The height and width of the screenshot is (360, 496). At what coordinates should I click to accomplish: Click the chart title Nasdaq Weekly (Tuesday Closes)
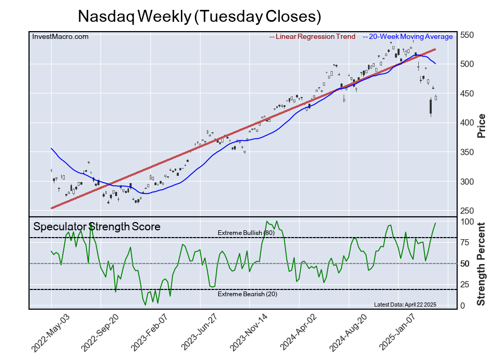[x=199, y=16]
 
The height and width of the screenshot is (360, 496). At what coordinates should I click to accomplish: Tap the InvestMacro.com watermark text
[x=60, y=36]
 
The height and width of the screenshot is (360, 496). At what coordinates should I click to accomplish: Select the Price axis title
[x=481, y=125]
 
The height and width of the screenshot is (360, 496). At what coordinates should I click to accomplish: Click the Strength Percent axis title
[x=481, y=264]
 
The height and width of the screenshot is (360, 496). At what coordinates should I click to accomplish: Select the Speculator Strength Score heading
[x=97, y=227]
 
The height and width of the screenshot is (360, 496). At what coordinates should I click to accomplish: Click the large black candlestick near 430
[x=431, y=106]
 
